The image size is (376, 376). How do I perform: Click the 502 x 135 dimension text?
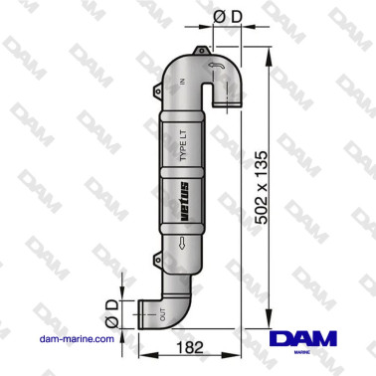pyautogui.click(x=262, y=187)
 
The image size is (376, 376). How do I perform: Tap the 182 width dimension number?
pyautogui.click(x=189, y=348)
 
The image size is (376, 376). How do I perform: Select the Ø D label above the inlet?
pyautogui.click(x=228, y=17)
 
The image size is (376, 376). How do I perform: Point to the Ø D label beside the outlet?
pyautogui.click(x=112, y=314)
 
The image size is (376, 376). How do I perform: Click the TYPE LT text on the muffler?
pyautogui.click(x=183, y=145)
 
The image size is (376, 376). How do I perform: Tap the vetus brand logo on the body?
pyautogui.click(x=184, y=202)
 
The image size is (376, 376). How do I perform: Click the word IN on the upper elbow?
pyautogui.click(x=182, y=82)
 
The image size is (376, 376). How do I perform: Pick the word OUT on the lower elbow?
pyautogui.click(x=162, y=314)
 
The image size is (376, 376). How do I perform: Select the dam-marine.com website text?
pyautogui.click(x=77, y=339)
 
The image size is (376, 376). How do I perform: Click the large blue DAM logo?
pyautogui.click(x=303, y=338)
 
